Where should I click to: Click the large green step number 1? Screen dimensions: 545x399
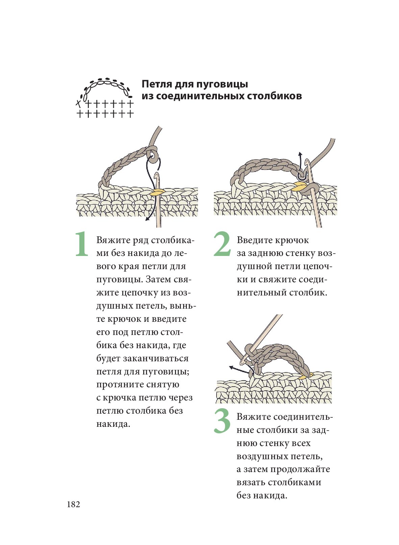pyautogui.click(x=81, y=244)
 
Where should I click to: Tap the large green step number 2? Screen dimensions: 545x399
pyautogui.click(x=222, y=244)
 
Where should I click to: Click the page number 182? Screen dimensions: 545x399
pyautogui.click(x=74, y=504)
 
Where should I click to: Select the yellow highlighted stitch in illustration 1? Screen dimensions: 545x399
pyautogui.click(x=157, y=192)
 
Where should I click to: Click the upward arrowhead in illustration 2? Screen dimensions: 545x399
pyautogui.click(x=300, y=154)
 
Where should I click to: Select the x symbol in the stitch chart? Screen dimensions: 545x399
pyautogui.click(x=79, y=102)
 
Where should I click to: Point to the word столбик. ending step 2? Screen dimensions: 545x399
pyautogui.click(x=308, y=292)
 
